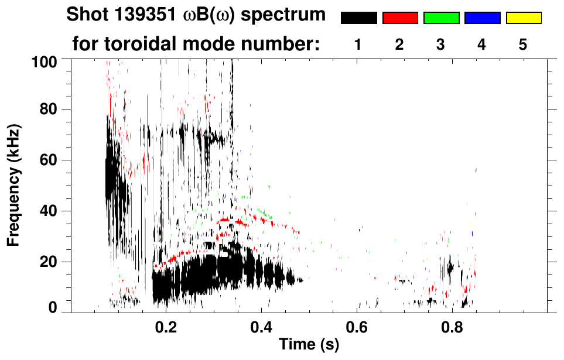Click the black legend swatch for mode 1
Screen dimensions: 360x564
[x=358, y=18]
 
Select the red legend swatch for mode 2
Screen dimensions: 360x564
[x=400, y=18]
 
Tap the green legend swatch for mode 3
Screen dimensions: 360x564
[x=441, y=18]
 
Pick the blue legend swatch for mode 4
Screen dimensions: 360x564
[x=482, y=18]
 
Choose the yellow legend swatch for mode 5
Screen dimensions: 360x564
[x=523, y=18]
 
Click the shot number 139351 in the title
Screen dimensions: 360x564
[x=142, y=15]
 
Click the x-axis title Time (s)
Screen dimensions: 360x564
[x=308, y=344]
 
